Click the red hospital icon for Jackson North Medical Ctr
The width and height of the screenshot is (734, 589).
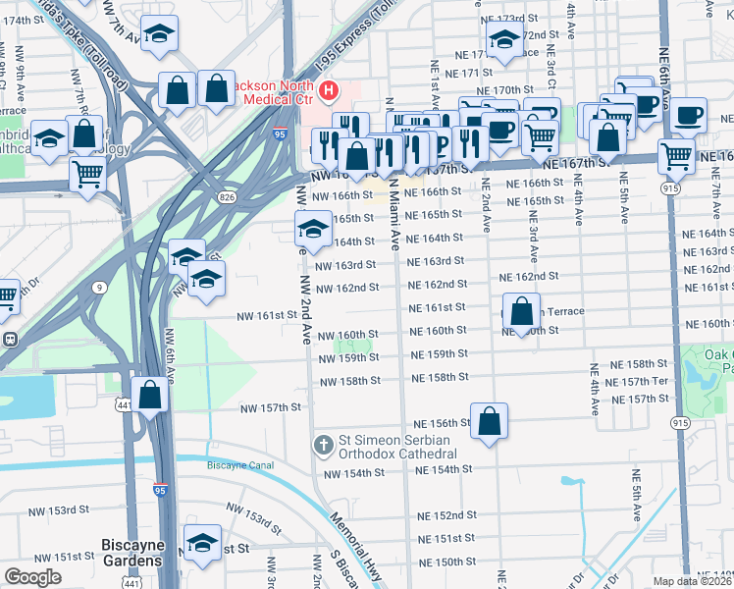coord(328,93)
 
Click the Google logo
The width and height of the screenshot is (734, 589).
coord(32,577)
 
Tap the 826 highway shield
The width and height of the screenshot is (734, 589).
coord(227,198)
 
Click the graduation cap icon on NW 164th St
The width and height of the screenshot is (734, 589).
coord(312,230)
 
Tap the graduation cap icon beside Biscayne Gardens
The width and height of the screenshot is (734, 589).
coord(202,543)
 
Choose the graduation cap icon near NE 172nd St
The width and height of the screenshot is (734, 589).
coord(503,39)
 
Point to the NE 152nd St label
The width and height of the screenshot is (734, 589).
coord(446,515)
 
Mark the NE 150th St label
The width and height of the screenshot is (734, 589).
coord(446,562)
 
